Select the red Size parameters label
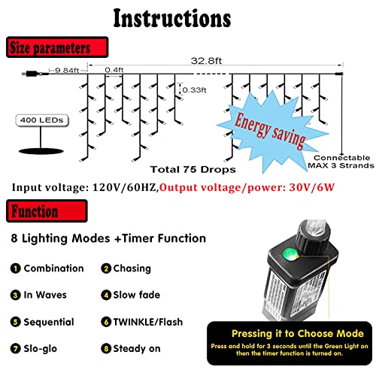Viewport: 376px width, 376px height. pyautogui.click(x=49, y=49)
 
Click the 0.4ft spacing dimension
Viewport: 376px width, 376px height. pyautogui.click(x=115, y=70)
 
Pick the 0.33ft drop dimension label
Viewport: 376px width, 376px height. pyautogui.click(x=195, y=90)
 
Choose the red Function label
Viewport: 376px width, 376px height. pyautogui.click(x=34, y=211)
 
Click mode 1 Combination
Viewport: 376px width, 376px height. pyautogui.click(x=47, y=268)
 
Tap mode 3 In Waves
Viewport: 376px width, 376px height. pyautogui.click(x=42, y=295)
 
